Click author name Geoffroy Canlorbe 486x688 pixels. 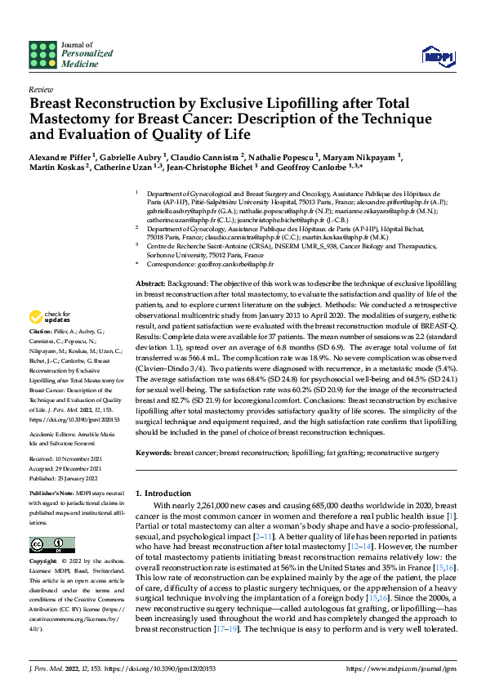(x=311, y=169)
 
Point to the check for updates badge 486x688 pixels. (x=50, y=317)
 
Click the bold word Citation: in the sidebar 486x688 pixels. (x=39, y=333)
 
